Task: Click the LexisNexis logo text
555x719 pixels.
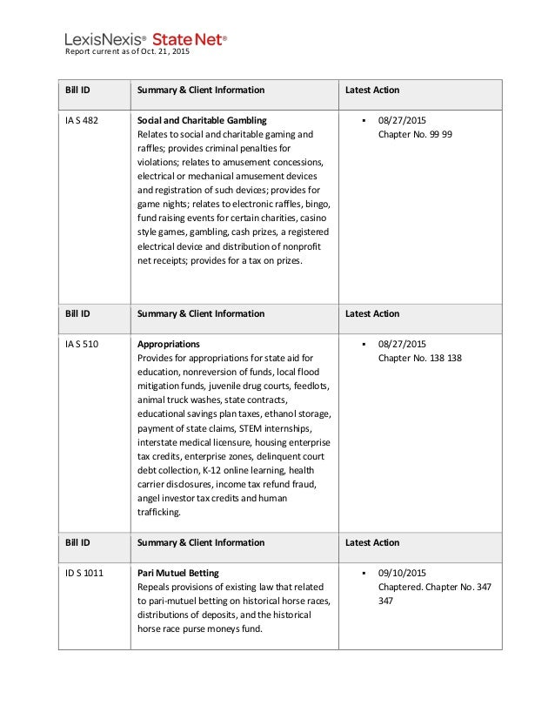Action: point(107,39)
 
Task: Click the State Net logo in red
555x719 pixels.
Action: point(190,39)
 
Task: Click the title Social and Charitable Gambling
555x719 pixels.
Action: point(203,119)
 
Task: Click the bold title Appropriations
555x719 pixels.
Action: point(169,344)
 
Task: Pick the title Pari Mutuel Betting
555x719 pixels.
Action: point(178,573)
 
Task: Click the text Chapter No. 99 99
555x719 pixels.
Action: point(415,135)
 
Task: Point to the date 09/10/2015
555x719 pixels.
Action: point(403,573)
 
